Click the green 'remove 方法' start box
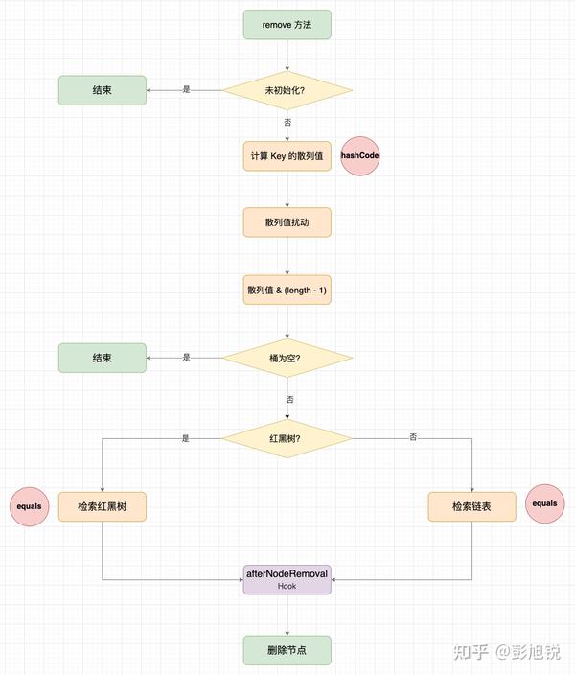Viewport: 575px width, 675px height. (287, 24)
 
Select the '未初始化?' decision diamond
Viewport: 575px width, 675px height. (287, 90)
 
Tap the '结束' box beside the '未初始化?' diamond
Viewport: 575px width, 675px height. (103, 90)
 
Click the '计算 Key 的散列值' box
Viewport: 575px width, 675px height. (287, 156)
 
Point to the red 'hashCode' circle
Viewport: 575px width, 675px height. (360, 156)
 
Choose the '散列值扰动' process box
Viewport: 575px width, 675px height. (287, 222)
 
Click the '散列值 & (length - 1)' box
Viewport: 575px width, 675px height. (287, 290)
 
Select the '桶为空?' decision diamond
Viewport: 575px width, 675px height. (287, 358)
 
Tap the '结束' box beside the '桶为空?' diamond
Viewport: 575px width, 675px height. (103, 358)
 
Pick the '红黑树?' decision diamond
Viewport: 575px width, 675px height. (287, 439)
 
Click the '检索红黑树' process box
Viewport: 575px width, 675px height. (103, 506)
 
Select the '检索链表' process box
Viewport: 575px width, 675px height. (472, 506)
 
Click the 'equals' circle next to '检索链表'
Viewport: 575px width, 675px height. (544, 503)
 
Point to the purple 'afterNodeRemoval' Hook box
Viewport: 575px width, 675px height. (287, 578)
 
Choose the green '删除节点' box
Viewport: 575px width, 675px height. (287, 650)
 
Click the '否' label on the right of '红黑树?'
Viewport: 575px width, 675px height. (413, 438)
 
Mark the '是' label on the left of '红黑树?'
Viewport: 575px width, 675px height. (186, 438)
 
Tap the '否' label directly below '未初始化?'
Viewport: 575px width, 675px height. (287, 123)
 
